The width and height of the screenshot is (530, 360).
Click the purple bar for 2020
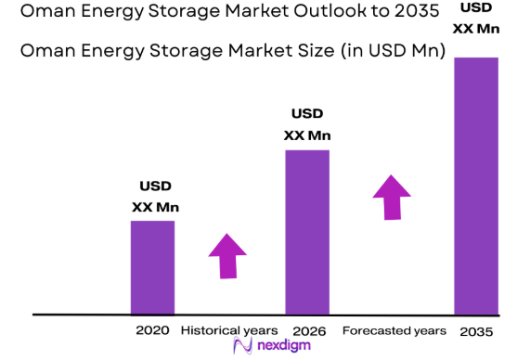152,267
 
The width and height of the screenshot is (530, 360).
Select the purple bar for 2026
307,232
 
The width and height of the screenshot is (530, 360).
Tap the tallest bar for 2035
476,186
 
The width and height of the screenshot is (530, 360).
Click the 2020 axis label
152,330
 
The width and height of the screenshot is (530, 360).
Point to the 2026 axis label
308,330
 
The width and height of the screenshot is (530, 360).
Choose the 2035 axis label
475,331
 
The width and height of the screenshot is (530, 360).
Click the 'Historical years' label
228,330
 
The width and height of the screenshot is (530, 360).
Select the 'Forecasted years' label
394,330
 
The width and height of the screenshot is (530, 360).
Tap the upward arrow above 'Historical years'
227,255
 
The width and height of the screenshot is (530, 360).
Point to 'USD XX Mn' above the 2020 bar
154,196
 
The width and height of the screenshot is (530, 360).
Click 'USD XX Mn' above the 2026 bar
307,124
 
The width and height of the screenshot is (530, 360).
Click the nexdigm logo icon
243,347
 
